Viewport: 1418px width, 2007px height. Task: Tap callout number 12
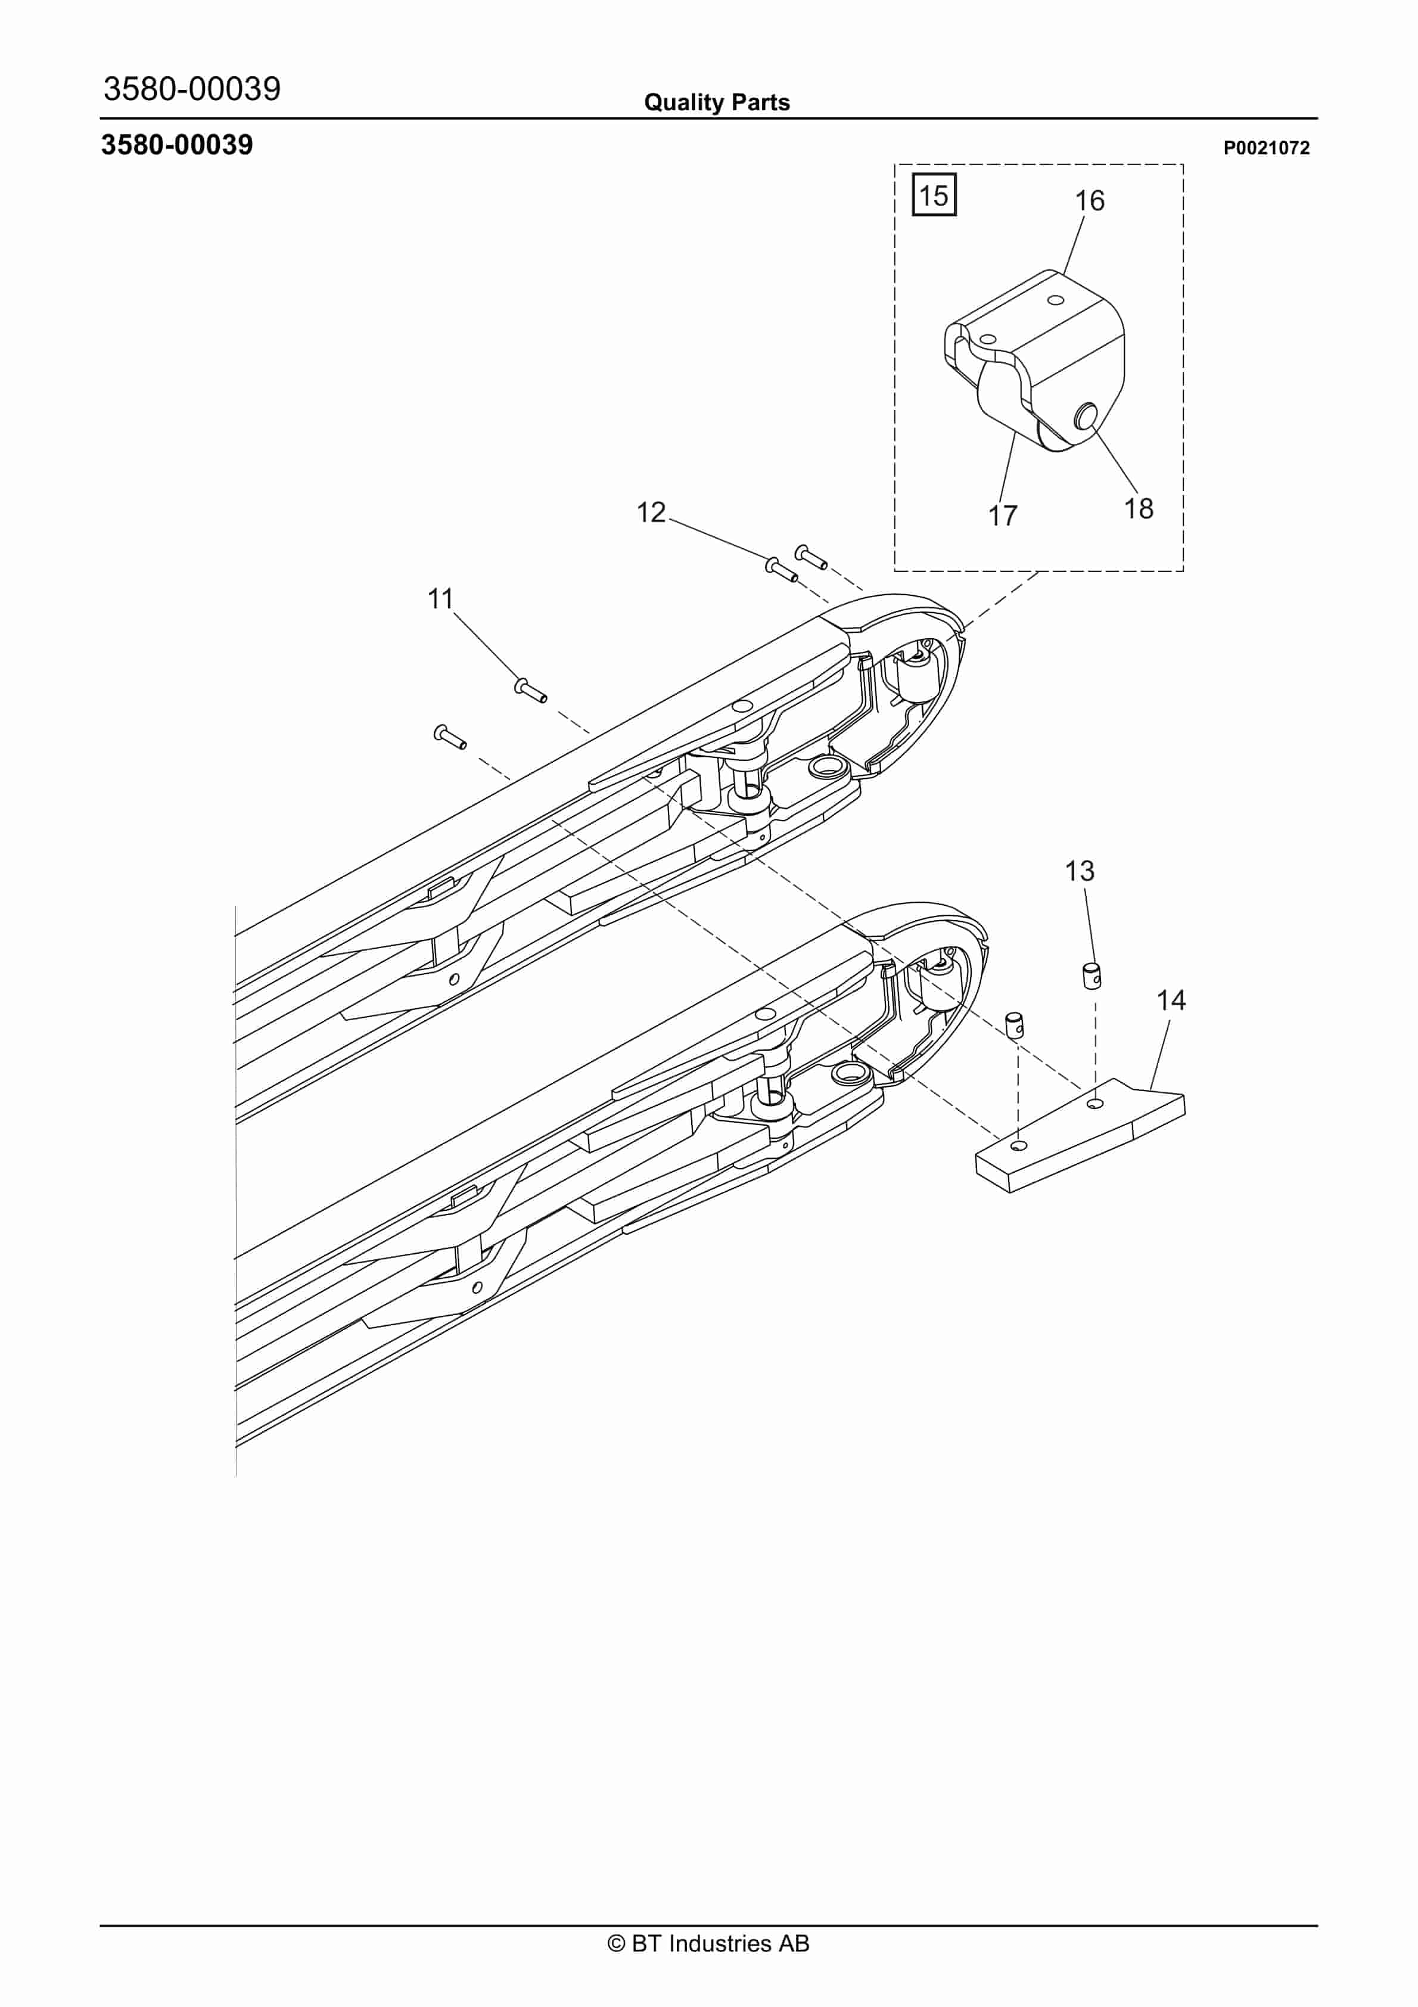click(651, 512)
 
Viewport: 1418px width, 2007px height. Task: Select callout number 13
click(1080, 871)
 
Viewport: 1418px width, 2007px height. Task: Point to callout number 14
click(1171, 1000)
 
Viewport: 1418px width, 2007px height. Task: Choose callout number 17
click(1003, 515)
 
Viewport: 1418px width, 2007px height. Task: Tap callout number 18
click(1138, 509)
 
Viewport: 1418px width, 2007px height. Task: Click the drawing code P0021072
click(1266, 148)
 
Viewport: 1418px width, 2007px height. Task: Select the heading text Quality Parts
click(717, 102)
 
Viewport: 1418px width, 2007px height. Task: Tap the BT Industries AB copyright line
click(708, 1943)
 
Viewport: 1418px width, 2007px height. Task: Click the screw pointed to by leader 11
click(531, 691)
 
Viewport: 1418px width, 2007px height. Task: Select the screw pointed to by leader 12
click(782, 570)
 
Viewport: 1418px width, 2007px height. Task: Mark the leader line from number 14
click(1161, 1054)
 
